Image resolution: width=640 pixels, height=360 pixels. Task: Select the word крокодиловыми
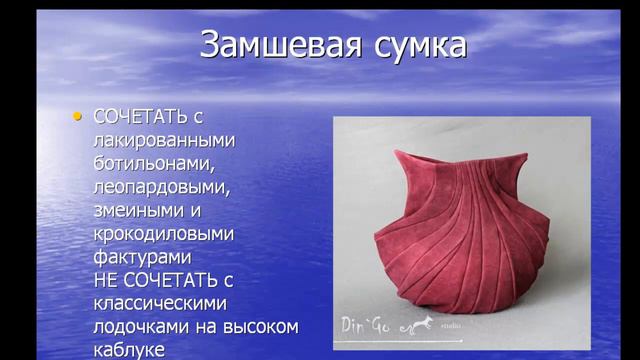[163, 233]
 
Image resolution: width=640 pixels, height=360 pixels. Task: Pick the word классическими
[161, 302]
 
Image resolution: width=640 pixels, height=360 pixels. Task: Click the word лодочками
[138, 325]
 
